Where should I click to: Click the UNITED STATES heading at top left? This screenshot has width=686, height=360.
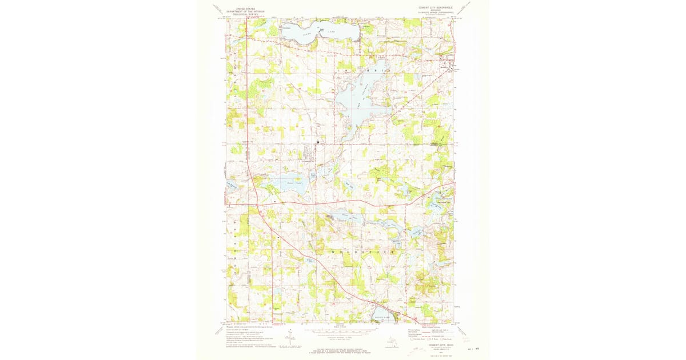[x=242, y=9]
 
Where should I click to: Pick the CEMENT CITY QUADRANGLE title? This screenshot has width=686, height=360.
[x=436, y=8]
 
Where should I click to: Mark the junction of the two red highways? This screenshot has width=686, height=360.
[x=258, y=204]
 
